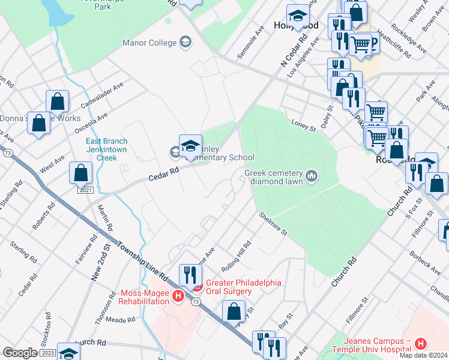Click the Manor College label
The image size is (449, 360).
pos(149,43)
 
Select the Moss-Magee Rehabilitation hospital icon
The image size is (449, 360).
pos(178,296)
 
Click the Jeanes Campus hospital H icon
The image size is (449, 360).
pos(421,344)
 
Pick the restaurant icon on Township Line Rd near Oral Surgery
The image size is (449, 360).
pos(190,275)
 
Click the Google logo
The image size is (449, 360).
pos(19,353)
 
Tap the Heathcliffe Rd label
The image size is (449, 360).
pos(396,46)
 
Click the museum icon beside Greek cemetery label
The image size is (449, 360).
pos(311,175)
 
